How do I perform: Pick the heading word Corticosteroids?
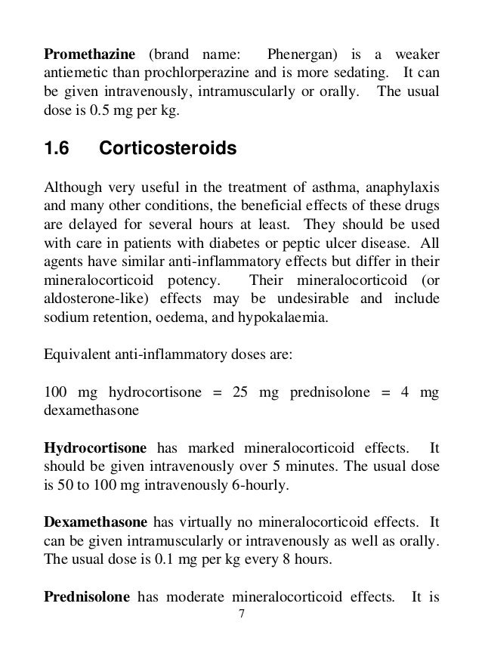(168, 150)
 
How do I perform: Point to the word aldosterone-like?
(89, 299)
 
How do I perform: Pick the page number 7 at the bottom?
(241, 614)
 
